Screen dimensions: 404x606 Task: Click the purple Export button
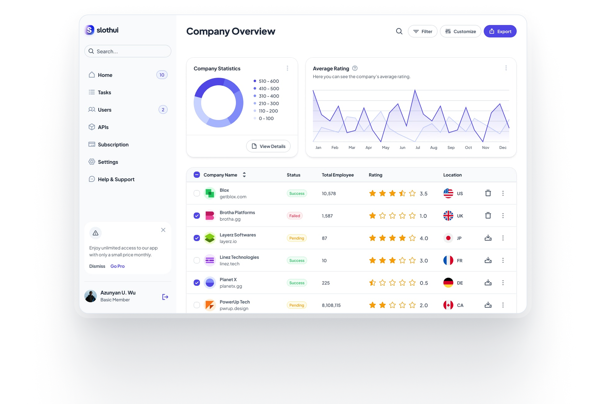click(x=500, y=31)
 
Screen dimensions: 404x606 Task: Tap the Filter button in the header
click(x=422, y=31)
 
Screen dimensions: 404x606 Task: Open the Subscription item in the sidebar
click(x=113, y=144)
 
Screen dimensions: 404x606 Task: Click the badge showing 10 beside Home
click(x=162, y=75)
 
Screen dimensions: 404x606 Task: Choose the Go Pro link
click(x=117, y=266)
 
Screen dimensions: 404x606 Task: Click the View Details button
click(x=268, y=146)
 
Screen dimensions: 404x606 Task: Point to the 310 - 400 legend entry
click(x=268, y=96)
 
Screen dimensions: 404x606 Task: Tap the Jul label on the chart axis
click(x=418, y=148)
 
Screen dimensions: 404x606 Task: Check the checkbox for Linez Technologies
click(x=197, y=260)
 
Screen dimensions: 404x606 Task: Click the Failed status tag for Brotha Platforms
click(x=294, y=216)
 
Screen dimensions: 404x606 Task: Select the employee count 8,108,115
click(x=331, y=305)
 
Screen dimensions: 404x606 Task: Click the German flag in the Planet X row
click(x=448, y=283)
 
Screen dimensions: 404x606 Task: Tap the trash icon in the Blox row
click(x=488, y=193)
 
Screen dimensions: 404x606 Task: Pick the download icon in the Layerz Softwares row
click(x=488, y=238)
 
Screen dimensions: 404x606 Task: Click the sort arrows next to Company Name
click(x=244, y=175)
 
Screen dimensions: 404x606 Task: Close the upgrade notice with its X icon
click(x=163, y=230)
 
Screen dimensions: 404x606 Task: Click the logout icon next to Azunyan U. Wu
click(x=165, y=297)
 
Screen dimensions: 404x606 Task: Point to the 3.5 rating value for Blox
click(x=423, y=193)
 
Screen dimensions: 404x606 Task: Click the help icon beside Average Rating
click(x=355, y=68)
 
